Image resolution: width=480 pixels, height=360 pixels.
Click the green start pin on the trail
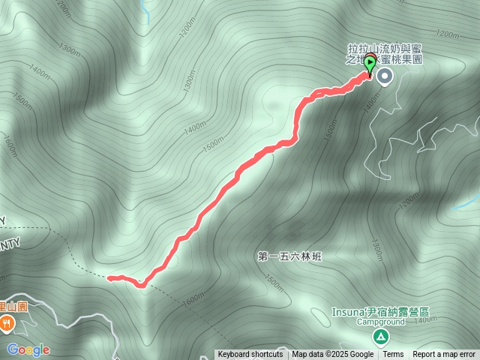[x=369, y=67]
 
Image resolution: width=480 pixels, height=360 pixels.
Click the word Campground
[x=380, y=322]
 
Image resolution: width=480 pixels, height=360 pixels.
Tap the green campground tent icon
[x=380, y=336]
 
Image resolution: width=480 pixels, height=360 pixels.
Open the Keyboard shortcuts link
[x=250, y=355]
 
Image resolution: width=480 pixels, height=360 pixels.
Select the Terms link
[x=393, y=355]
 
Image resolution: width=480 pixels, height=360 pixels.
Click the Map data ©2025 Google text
[x=332, y=355]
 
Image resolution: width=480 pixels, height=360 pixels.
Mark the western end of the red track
[x=109, y=278]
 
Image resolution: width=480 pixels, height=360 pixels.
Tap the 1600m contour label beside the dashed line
[x=193, y=298]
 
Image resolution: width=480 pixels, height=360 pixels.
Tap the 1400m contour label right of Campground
[x=424, y=320]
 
